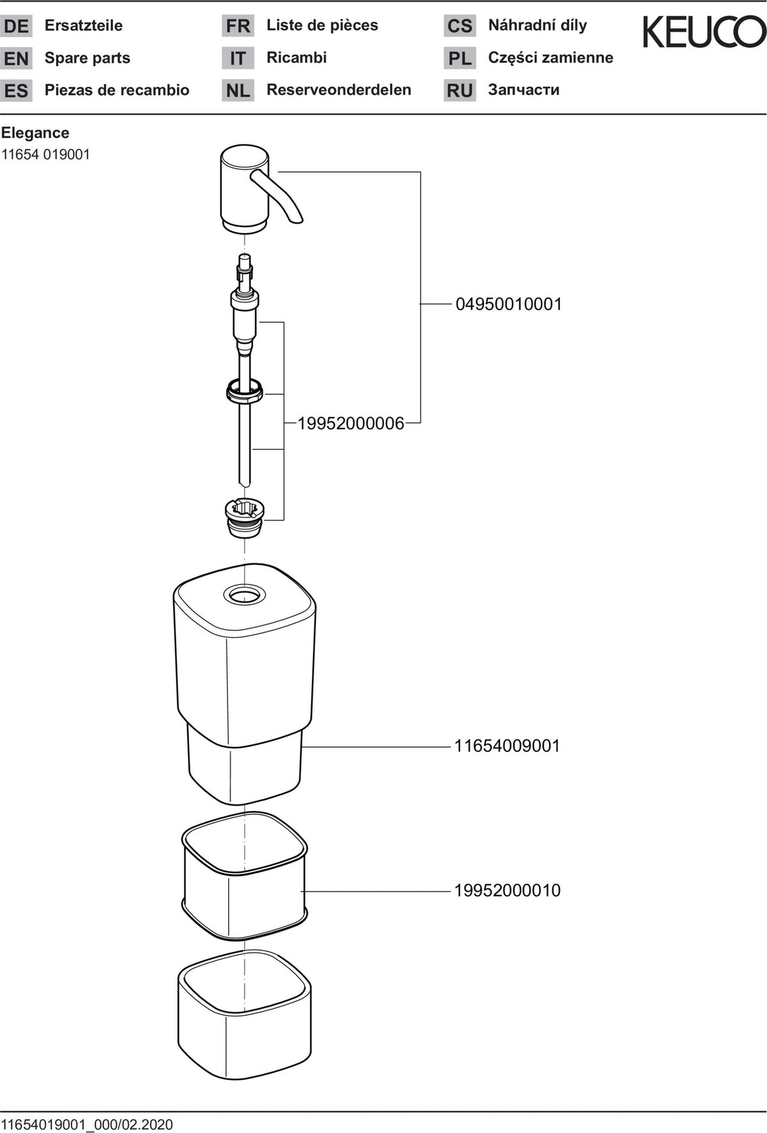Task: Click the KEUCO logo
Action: pyautogui.click(x=704, y=31)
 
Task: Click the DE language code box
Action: pyautogui.click(x=16, y=26)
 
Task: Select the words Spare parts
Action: pyautogui.click(x=88, y=58)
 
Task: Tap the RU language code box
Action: pyautogui.click(x=460, y=90)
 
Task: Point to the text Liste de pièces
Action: pyautogui.click(x=322, y=26)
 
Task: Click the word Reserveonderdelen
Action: pyautogui.click(x=339, y=90)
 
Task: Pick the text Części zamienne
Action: pyautogui.click(x=550, y=58)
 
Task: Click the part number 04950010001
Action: pyautogui.click(x=509, y=304)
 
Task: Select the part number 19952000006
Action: pyautogui.click(x=351, y=423)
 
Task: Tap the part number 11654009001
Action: pyautogui.click(x=507, y=746)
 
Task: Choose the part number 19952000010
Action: pyautogui.click(x=507, y=891)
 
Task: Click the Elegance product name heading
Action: pyautogui.click(x=35, y=133)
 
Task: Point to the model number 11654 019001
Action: pyautogui.click(x=45, y=155)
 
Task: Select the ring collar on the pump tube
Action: pyautogui.click(x=244, y=391)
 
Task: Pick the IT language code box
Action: pyautogui.click(x=238, y=58)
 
